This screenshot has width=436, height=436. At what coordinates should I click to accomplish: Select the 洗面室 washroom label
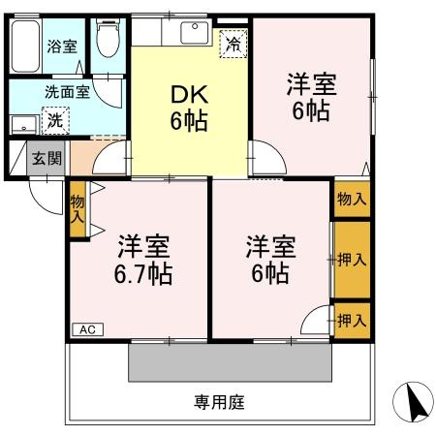[67, 93]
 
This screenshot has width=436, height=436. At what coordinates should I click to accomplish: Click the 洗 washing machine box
[56, 121]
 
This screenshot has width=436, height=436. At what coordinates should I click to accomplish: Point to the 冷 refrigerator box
[233, 43]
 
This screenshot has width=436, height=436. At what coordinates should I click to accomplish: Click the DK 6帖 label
[190, 109]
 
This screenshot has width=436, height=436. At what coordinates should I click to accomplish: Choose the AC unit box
[86, 328]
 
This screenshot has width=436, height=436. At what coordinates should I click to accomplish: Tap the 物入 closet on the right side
[352, 199]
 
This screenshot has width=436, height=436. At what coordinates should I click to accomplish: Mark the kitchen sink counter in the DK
[174, 34]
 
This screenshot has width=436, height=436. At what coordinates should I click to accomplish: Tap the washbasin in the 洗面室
[21, 123]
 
